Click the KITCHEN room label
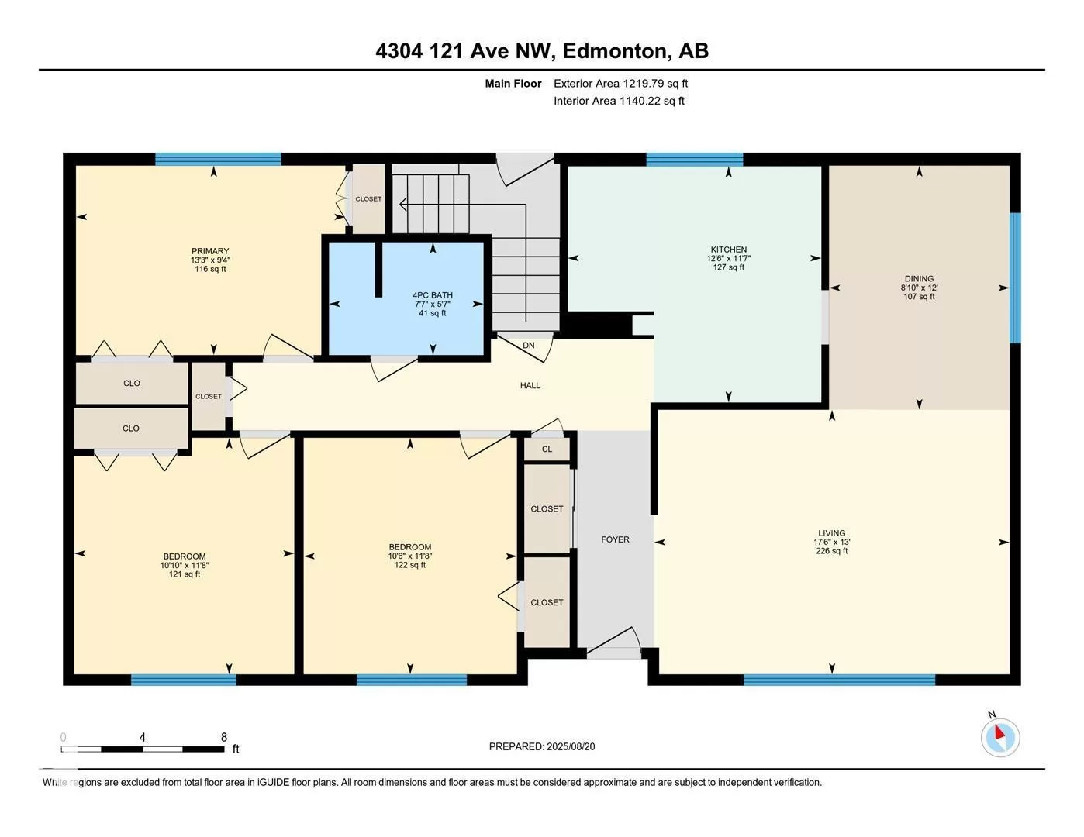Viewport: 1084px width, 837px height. (728, 250)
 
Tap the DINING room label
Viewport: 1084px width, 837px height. (919, 279)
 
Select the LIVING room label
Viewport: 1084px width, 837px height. (831, 533)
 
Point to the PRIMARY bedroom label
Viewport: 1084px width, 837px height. (210, 251)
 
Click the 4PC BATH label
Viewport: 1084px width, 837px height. (433, 295)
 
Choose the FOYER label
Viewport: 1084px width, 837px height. (615, 539)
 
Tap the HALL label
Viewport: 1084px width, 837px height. (530, 385)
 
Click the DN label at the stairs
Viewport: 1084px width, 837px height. (528, 345)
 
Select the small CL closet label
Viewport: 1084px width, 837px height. (547, 449)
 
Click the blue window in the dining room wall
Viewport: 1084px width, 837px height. (1015, 277)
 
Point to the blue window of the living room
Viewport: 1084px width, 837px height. (839, 680)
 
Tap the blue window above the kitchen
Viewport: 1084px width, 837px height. (695, 159)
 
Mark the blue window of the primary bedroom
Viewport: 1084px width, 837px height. (218, 159)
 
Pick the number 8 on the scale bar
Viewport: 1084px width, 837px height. (224, 737)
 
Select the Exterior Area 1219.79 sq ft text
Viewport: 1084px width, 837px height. (620, 83)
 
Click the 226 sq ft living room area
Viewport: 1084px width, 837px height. (831, 551)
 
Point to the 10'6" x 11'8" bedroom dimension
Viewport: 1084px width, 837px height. (410, 556)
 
